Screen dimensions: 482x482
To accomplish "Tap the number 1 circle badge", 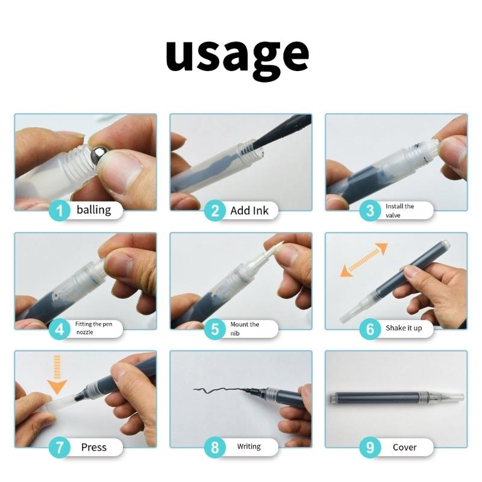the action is pyautogui.click(x=60, y=210).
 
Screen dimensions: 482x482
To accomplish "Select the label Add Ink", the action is pyautogui.click(x=249, y=210).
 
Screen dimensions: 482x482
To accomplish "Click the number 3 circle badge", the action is pyautogui.click(x=371, y=210).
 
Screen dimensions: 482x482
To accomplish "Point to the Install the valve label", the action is pyautogui.click(x=399, y=210).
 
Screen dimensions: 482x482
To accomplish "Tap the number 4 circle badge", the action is pyautogui.click(x=60, y=329).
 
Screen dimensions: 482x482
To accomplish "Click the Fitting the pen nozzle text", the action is pyautogui.click(x=94, y=328).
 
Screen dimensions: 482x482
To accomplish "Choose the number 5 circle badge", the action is pyautogui.click(x=215, y=329).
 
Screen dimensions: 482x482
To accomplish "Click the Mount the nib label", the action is pyautogui.click(x=245, y=328).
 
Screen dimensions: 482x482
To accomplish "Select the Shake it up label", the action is pyautogui.click(x=404, y=328).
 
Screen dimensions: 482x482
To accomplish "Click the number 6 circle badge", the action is pyautogui.click(x=371, y=329).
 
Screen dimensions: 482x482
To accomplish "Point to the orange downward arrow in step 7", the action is pyautogui.click(x=57, y=375).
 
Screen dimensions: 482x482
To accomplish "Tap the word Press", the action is pyautogui.click(x=94, y=447).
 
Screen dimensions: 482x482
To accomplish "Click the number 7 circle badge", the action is pyautogui.click(x=60, y=447).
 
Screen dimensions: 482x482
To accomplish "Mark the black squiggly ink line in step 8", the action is pyautogui.click(x=221, y=390).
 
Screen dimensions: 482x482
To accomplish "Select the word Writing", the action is pyautogui.click(x=249, y=446).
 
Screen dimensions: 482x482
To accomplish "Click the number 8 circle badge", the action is pyautogui.click(x=215, y=447).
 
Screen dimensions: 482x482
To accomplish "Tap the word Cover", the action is pyautogui.click(x=404, y=447).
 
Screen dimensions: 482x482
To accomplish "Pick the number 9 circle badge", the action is pyautogui.click(x=371, y=447).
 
